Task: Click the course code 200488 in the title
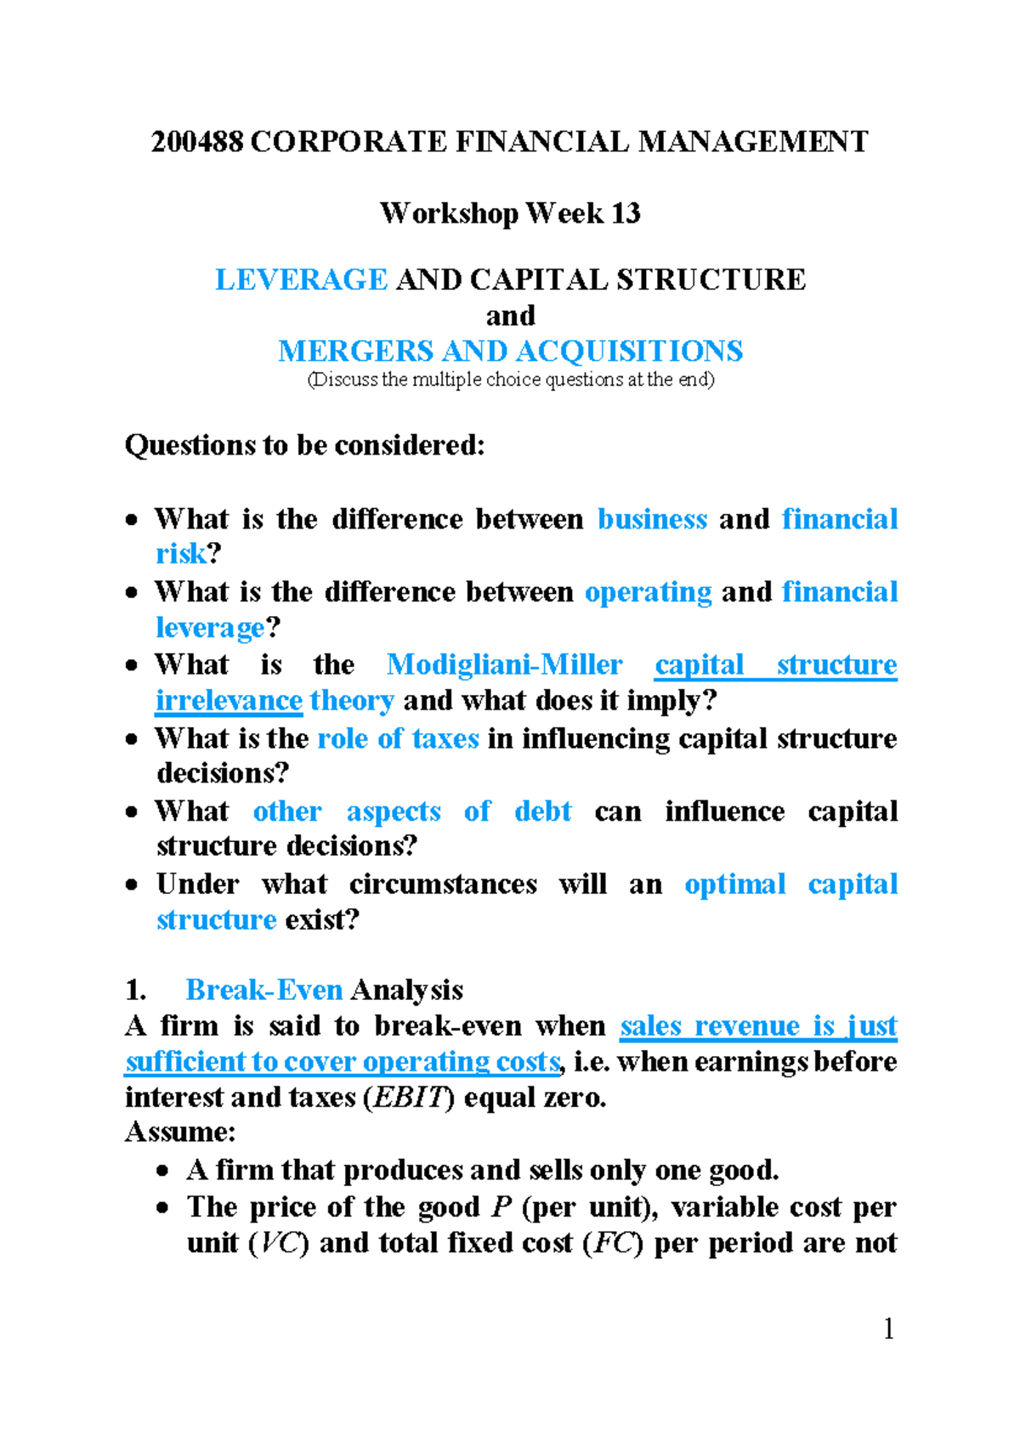point(197,141)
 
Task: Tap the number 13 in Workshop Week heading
point(625,212)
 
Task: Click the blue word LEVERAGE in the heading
point(301,280)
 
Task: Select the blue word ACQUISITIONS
point(629,351)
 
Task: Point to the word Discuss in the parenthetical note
point(344,380)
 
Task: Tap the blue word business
point(652,519)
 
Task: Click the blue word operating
point(648,592)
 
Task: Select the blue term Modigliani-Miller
point(504,664)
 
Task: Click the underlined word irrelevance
point(229,701)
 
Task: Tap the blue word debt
point(542,811)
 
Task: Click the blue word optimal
point(734,884)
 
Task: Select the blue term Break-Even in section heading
point(263,990)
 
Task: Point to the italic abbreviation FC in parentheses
point(612,1243)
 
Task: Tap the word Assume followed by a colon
point(176,1133)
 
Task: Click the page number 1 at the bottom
point(888,1329)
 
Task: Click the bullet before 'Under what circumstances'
point(132,884)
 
